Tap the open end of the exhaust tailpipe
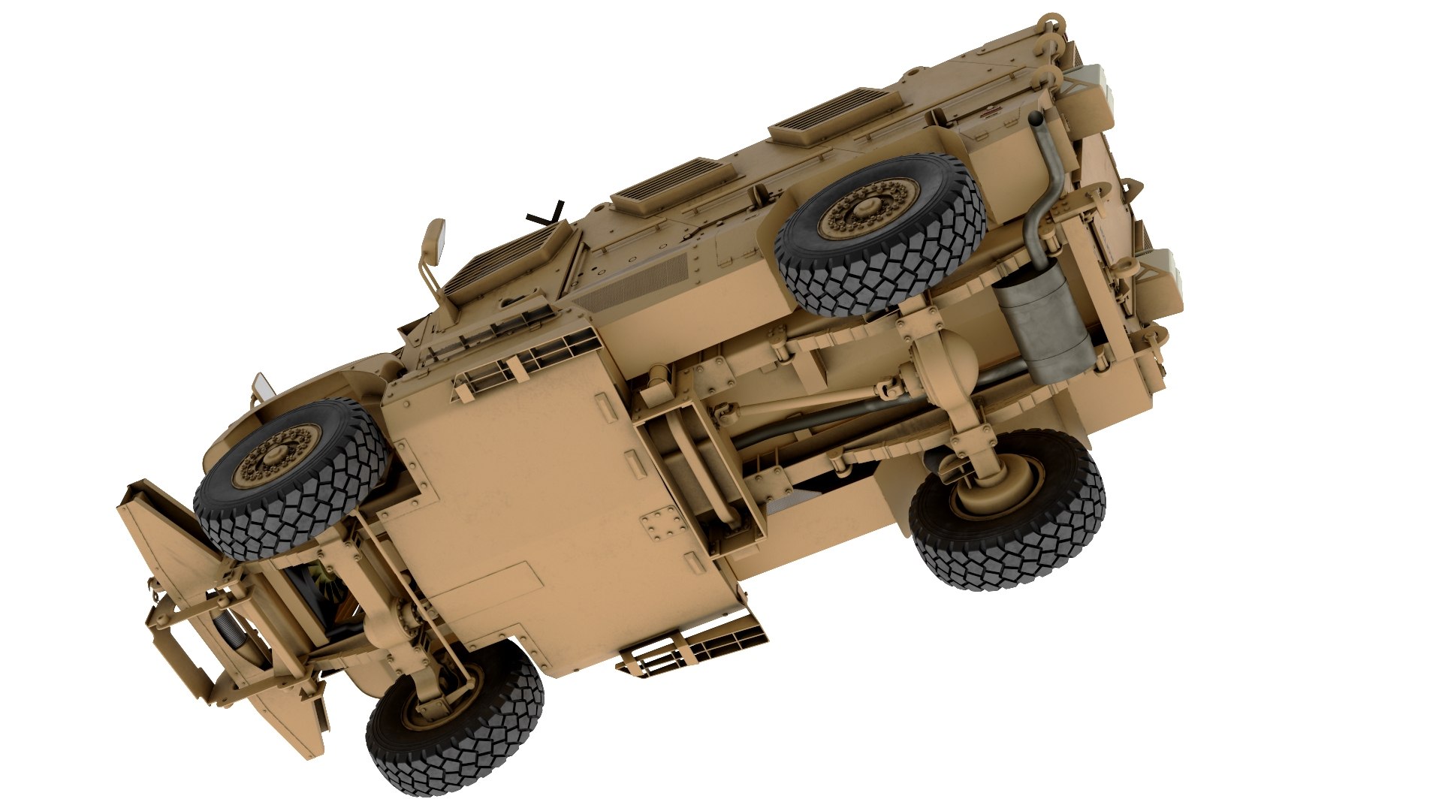(1036, 118)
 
